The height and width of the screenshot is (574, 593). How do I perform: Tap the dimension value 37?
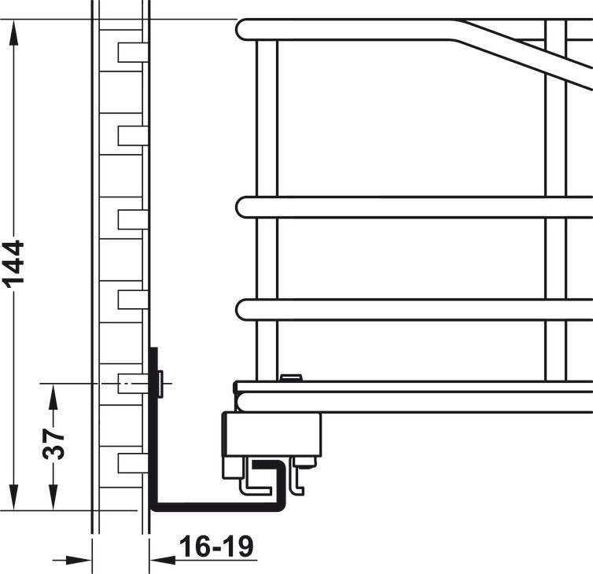53,444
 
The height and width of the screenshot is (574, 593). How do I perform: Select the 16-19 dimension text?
216,546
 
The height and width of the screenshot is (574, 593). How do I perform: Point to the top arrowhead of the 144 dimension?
14,33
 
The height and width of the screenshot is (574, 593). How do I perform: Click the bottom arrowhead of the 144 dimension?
14,496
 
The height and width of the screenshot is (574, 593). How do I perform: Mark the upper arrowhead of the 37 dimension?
53,396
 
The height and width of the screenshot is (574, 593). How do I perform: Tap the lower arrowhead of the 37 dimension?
53,497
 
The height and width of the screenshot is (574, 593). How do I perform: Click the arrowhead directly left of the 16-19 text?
163,560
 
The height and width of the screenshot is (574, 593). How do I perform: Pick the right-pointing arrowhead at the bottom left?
79,560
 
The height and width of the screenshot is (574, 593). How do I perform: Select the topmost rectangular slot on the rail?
133,52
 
